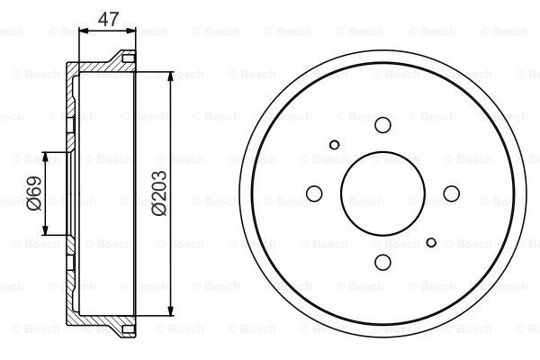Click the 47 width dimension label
tap(108, 18)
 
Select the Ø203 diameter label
tap(158, 193)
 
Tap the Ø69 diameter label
tap(32, 192)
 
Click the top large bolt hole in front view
tap(382, 125)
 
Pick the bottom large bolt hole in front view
tap(382, 261)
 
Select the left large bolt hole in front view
tap(315, 193)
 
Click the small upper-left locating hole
tap(335, 143)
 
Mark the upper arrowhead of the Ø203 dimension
tap(169, 74)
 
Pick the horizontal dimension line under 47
tap(108, 31)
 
